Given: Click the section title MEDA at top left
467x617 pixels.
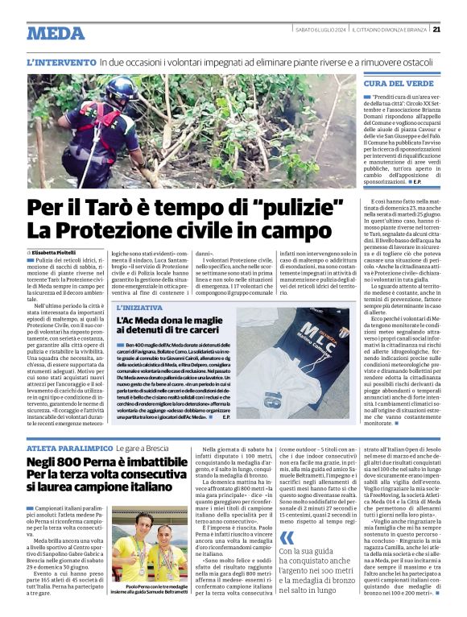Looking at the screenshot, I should [55, 33].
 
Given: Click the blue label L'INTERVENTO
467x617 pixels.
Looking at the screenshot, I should [60, 62].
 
